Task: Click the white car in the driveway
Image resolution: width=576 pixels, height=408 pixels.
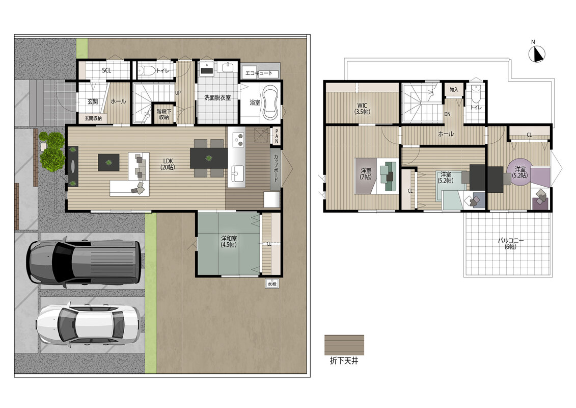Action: click(88, 324)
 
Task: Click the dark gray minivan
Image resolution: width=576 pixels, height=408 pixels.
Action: click(83, 262)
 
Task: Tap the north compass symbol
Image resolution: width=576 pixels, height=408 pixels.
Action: click(536, 55)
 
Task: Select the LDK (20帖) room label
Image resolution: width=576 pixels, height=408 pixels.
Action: click(168, 164)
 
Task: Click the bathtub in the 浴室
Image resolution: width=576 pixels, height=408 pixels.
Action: click(271, 103)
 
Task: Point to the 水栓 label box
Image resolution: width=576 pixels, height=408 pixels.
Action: click(272, 284)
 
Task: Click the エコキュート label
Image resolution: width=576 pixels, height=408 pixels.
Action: click(259, 73)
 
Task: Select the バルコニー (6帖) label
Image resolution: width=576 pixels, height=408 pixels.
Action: click(511, 244)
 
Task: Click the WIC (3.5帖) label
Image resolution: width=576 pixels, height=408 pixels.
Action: click(362, 109)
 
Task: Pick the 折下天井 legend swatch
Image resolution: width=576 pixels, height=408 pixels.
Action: click(344, 345)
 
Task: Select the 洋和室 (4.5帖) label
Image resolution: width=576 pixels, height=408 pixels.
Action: click(229, 242)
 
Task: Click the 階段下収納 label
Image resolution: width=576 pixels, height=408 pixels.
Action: click(164, 114)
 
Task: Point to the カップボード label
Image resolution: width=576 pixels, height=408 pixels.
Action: click(276, 168)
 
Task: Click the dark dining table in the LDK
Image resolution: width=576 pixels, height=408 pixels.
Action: click(209, 158)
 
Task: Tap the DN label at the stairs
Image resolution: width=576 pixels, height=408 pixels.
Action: click(447, 114)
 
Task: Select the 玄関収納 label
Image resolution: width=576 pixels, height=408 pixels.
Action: click(93, 118)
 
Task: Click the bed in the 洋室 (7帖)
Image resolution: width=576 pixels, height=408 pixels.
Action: click(376, 176)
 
